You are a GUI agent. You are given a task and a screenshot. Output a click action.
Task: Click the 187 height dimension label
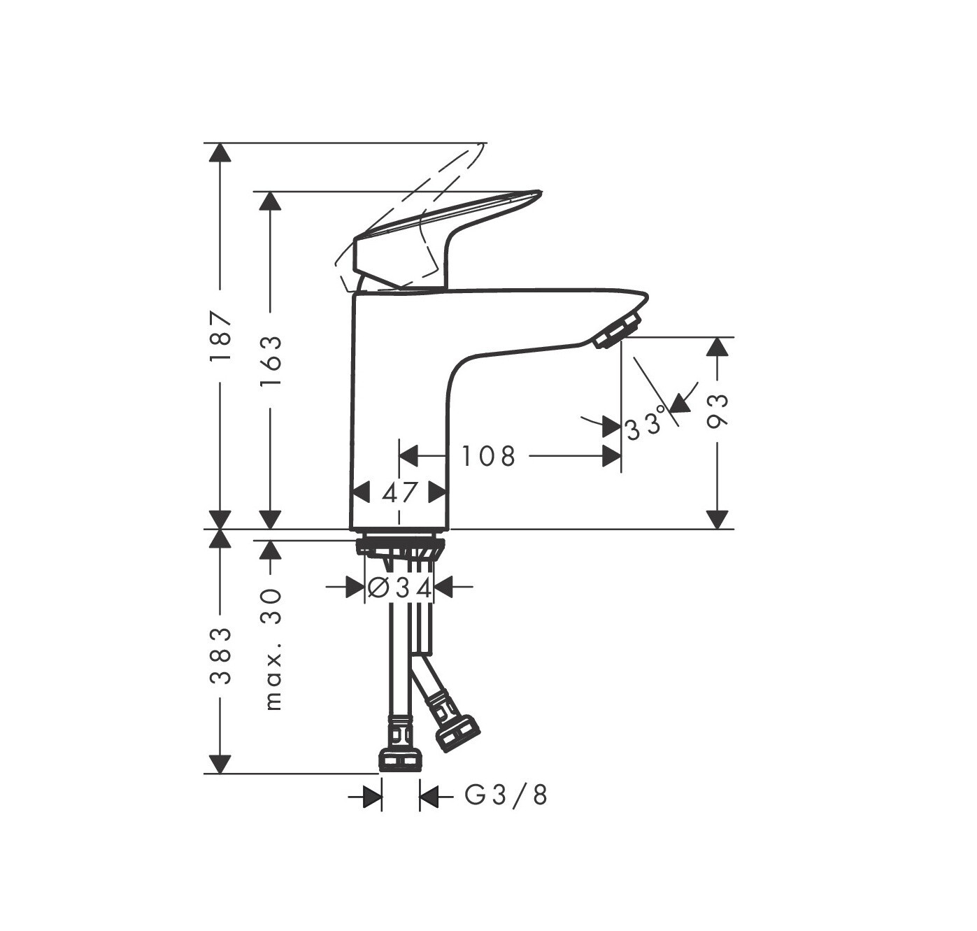pos(220,336)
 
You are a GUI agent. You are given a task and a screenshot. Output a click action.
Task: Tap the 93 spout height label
pos(717,411)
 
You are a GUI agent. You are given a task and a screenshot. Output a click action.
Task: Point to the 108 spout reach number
pos(488,456)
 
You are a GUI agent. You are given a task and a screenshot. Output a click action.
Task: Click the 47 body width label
pos(399,492)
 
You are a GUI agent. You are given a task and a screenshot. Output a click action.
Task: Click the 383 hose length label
pos(220,655)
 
